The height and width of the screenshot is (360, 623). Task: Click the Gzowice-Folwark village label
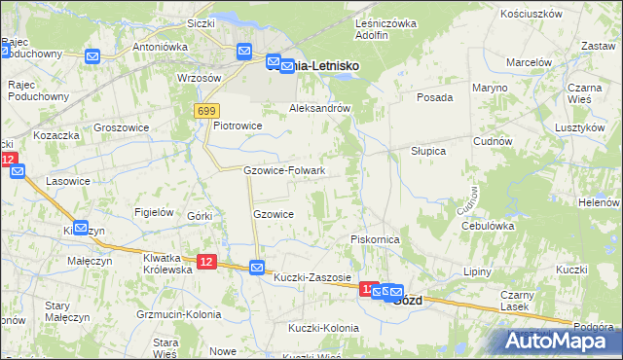click(x=283, y=170)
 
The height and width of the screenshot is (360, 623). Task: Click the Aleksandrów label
click(x=319, y=109)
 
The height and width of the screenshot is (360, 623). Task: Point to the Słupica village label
click(x=427, y=151)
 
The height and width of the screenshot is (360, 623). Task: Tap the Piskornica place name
click(x=377, y=238)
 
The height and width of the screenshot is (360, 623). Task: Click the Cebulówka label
click(x=488, y=225)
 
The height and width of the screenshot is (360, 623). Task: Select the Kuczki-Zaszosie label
click(x=312, y=277)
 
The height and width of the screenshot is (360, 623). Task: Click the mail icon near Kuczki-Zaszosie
click(x=257, y=268)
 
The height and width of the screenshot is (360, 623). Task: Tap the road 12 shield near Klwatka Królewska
click(x=205, y=261)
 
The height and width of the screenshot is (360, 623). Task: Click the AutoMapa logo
click(x=558, y=341)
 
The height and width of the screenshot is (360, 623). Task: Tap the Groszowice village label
click(x=120, y=126)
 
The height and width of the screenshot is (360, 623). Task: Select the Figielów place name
click(x=154, y=212)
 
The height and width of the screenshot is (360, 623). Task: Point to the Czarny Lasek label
click(x=517, y=301)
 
